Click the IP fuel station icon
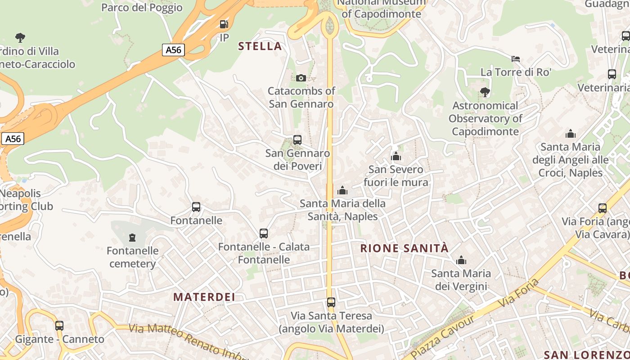(224, 24)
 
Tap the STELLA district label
(260, 46)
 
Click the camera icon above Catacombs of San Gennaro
(301, 78)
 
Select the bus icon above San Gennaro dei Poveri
(297, 140)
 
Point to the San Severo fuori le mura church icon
(396, 156)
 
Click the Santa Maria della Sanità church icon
(342, 190)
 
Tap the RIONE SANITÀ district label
(405, 248)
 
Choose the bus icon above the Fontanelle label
(196, 207)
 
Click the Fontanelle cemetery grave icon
(132, 237)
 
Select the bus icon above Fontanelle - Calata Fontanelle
(264, 234)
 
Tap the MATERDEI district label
(204, 297)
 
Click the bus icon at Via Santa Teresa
(331, 302)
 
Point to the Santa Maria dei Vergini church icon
(461, 260)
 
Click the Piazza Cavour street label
(443, 333)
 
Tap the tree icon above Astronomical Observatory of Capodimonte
(485, 92)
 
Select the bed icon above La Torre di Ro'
(516, 59)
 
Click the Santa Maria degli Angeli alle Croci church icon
(571, 134)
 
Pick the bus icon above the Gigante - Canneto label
(59, 326)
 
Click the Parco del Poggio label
(142, 7)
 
